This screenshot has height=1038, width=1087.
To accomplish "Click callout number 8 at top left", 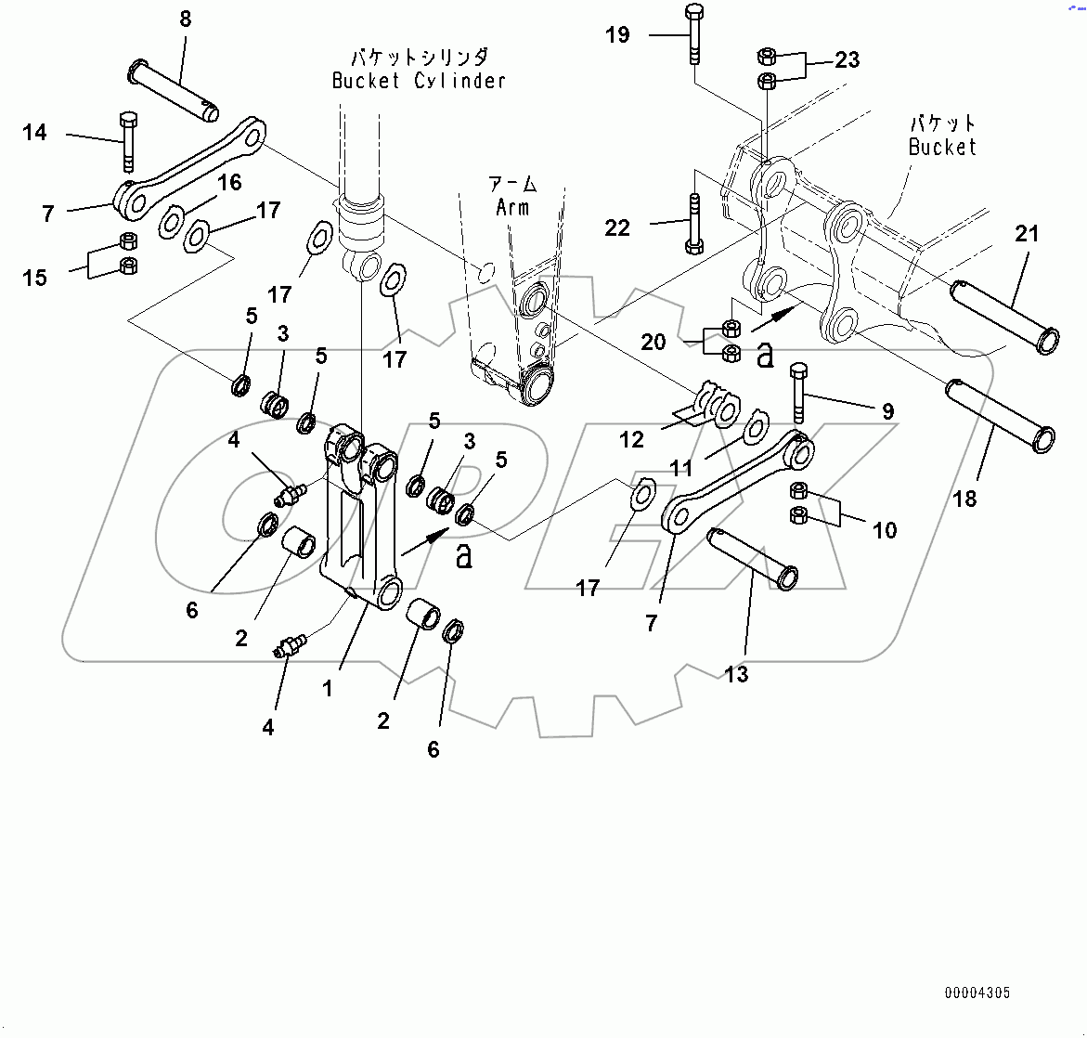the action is click(186, 19).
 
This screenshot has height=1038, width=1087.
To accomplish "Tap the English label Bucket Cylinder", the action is click(419, 81).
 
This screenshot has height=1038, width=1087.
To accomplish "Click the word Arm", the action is click(511, 207).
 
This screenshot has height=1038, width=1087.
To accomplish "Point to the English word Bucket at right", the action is click(942, 147).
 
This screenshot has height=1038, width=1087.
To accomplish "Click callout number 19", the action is click(617, 35).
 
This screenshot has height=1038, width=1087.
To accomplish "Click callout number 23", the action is click(847, 59).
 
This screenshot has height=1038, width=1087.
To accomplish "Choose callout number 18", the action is click(964, 499).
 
